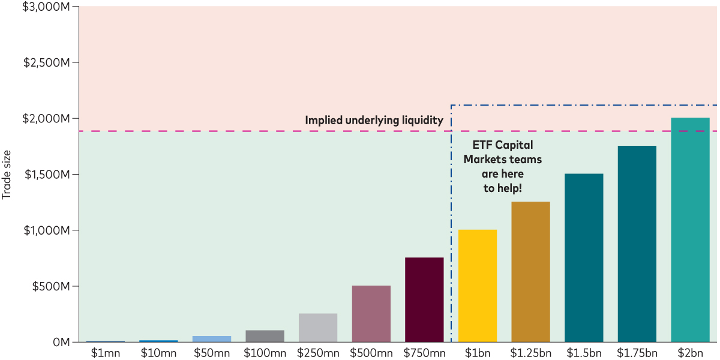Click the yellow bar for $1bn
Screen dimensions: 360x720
coord(477,286)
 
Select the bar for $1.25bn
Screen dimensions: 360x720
coord(530,272)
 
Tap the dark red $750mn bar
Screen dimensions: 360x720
coord(424,299)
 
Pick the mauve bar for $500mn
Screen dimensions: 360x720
coord(371,313)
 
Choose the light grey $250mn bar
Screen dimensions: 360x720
coord(317,328)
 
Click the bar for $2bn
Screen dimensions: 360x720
coord(690,230)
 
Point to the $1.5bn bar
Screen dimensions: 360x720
coord(584,258)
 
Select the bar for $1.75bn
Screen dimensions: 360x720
coord(637,244)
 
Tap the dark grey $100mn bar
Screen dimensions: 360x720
coord(265,336)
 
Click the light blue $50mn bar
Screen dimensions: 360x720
coord(211,339)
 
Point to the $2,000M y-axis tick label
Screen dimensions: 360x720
coord(46,119)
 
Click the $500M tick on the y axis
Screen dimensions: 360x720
coord(50,286)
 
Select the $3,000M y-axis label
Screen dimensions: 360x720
coord(46,7)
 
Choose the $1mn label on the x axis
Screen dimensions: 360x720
coord(105,353)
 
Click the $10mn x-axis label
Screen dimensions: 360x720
coord(158,353)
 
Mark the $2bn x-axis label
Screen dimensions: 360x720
coord(690,353)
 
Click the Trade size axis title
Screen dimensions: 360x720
coord(7,175)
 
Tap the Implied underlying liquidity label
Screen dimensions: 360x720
coord(374,121)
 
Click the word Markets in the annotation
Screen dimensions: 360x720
coord(485,159)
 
